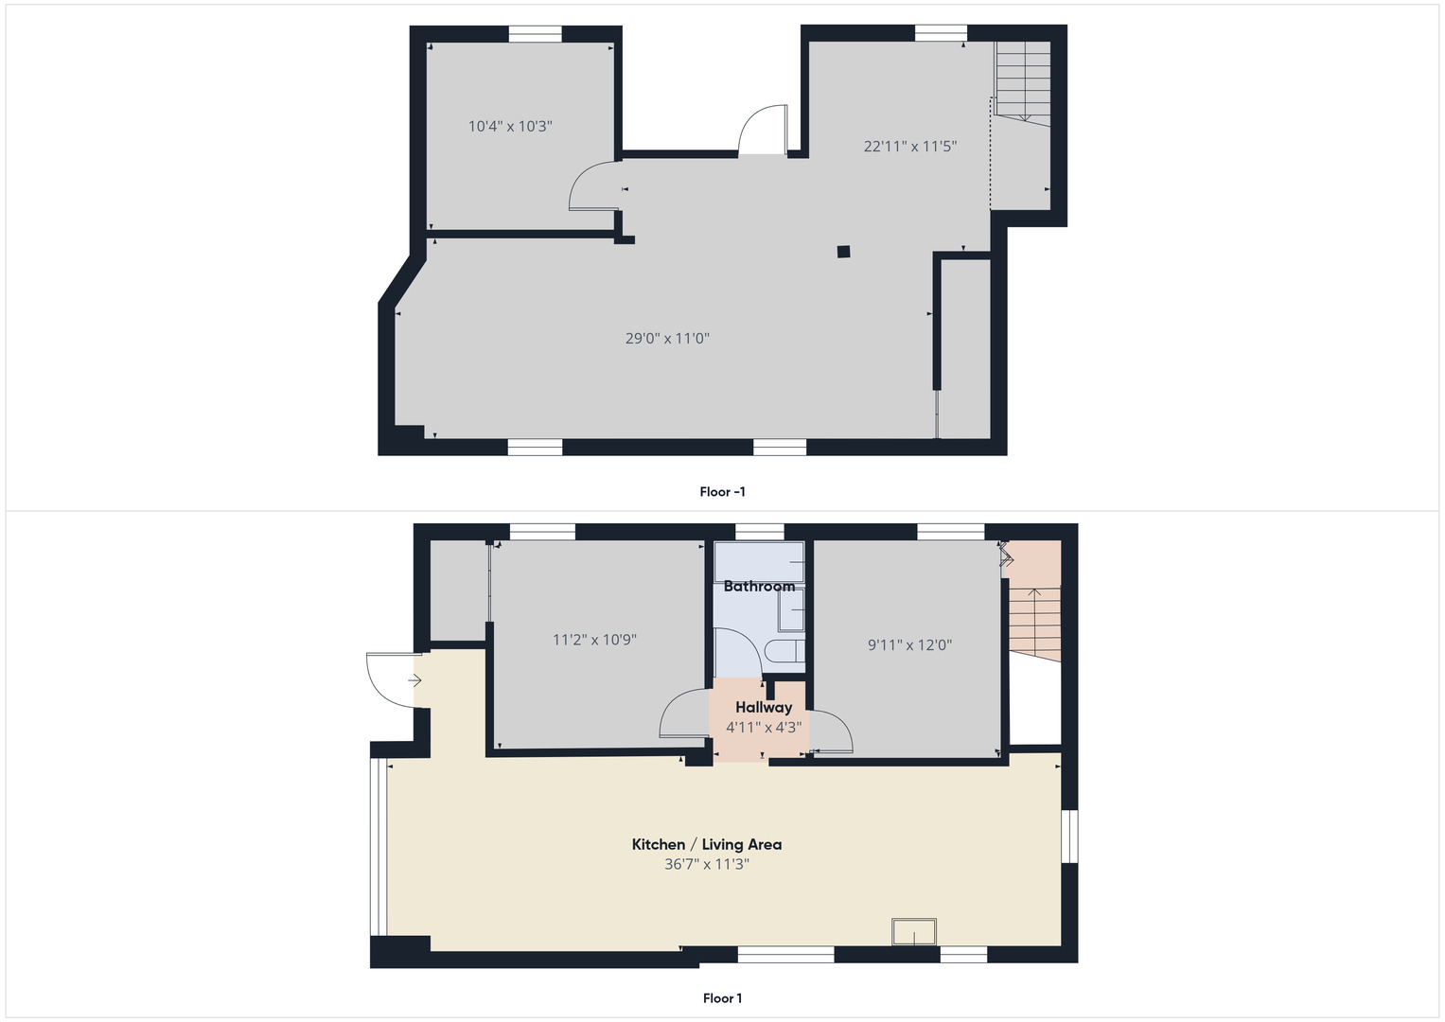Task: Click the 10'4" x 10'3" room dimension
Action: click(510, 126)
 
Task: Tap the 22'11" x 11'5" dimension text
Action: click(909, 146)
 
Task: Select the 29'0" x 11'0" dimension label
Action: click(667, 338)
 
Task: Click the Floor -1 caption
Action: click(722, 491)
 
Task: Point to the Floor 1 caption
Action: click(722, 997)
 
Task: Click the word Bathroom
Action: click(759, 586)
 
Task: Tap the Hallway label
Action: click(764, 707)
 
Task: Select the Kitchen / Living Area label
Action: click(707, 844)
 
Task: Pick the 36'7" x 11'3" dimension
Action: click(707, 864)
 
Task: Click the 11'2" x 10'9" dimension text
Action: click(594, 640)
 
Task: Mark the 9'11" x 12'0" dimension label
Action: click(909, 645)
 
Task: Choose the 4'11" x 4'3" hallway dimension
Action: click(764, 728)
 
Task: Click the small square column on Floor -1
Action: click(843, 252)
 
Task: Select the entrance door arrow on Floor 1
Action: click(414, 680)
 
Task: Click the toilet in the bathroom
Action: click(784, 651)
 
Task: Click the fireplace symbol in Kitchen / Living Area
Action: click(914, 932)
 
